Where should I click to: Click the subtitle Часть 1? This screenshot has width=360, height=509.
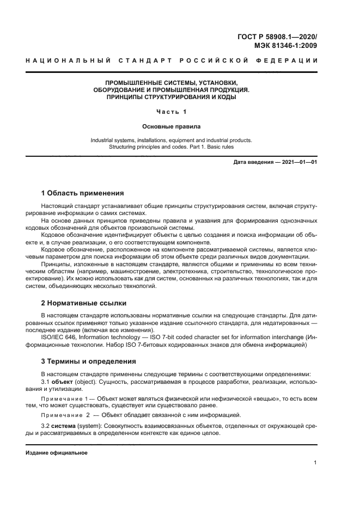tap(171, 112)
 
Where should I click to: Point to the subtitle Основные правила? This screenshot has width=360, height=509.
tap(171, 126)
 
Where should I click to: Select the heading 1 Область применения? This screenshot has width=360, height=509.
tap(82, 193)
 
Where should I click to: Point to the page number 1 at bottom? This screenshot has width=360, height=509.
tap(316, 463)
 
